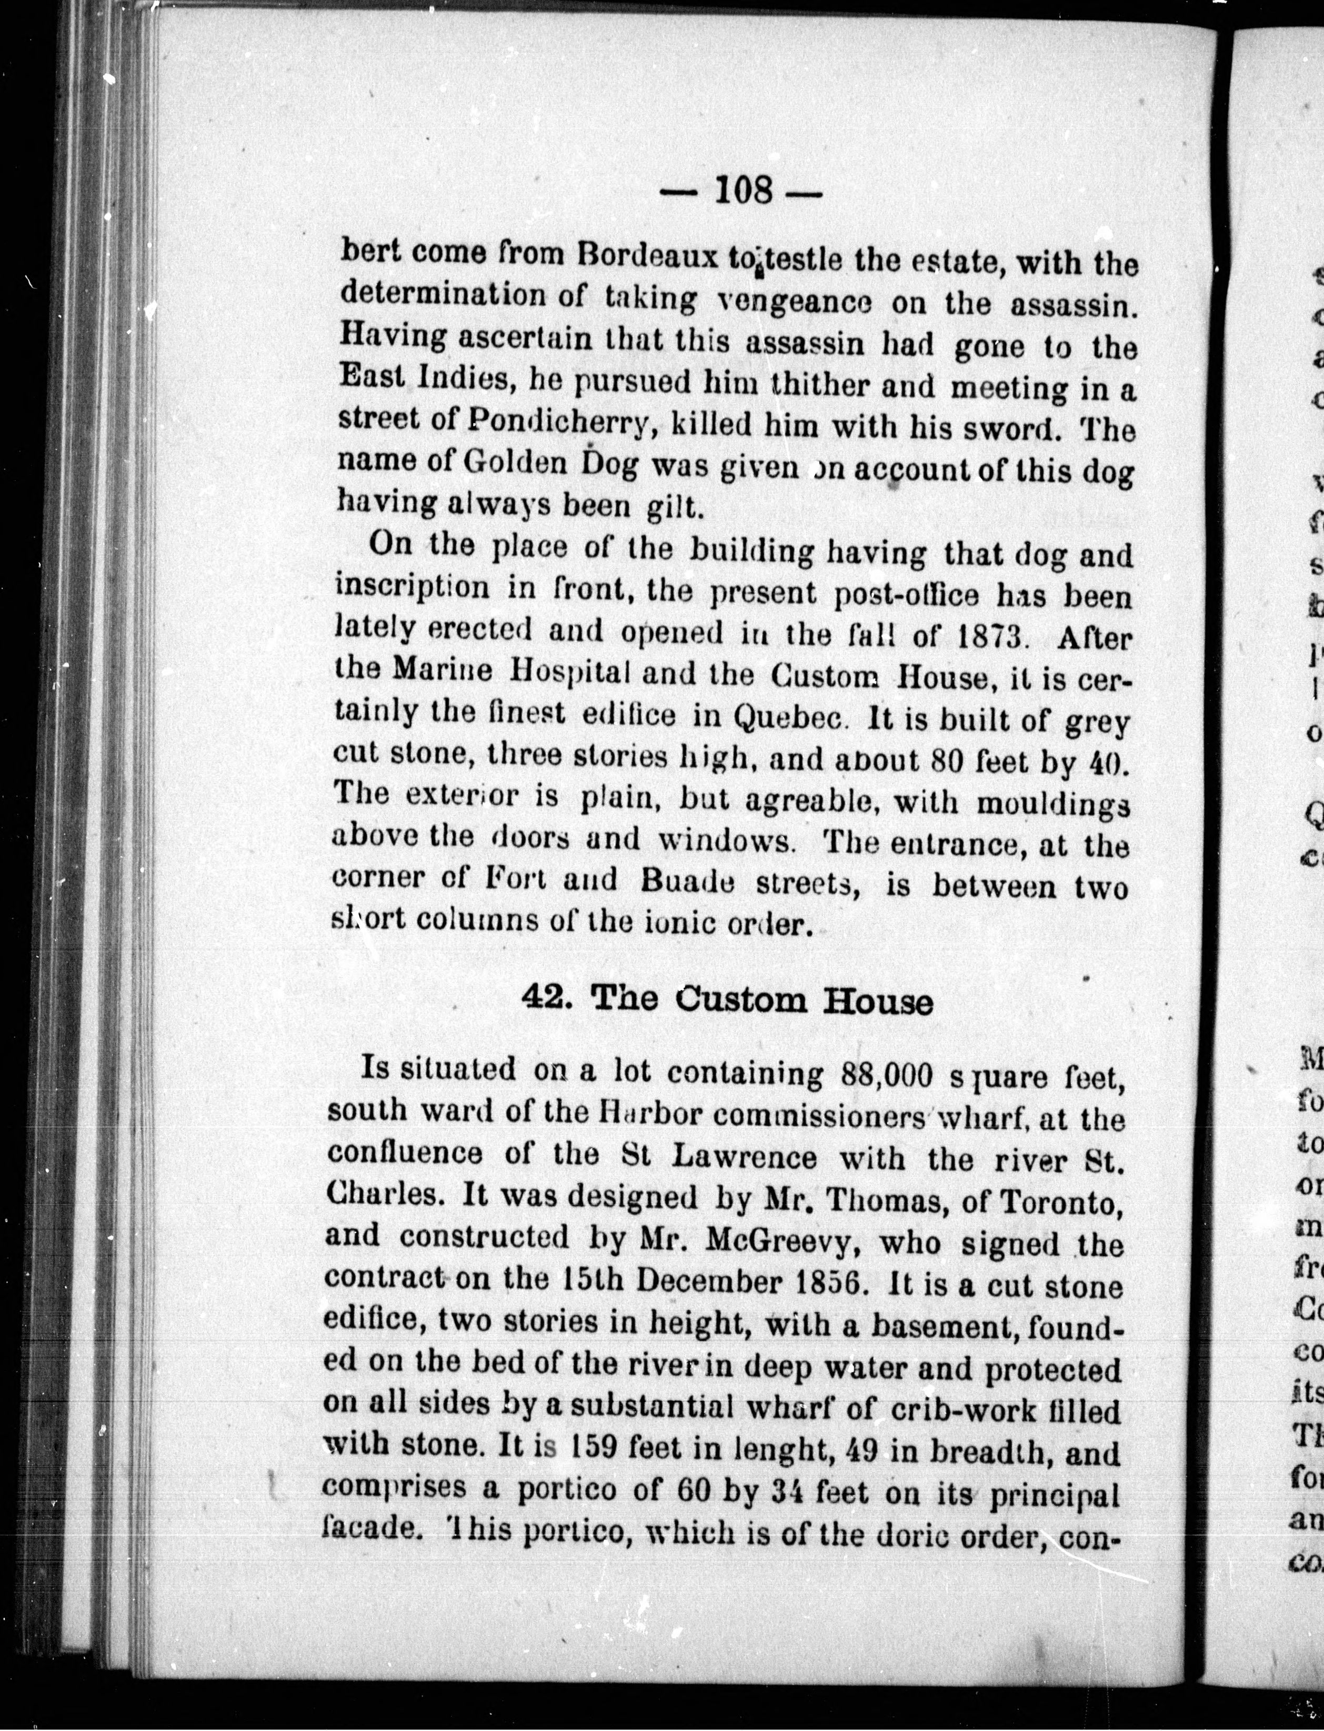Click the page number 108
[743, 192]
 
